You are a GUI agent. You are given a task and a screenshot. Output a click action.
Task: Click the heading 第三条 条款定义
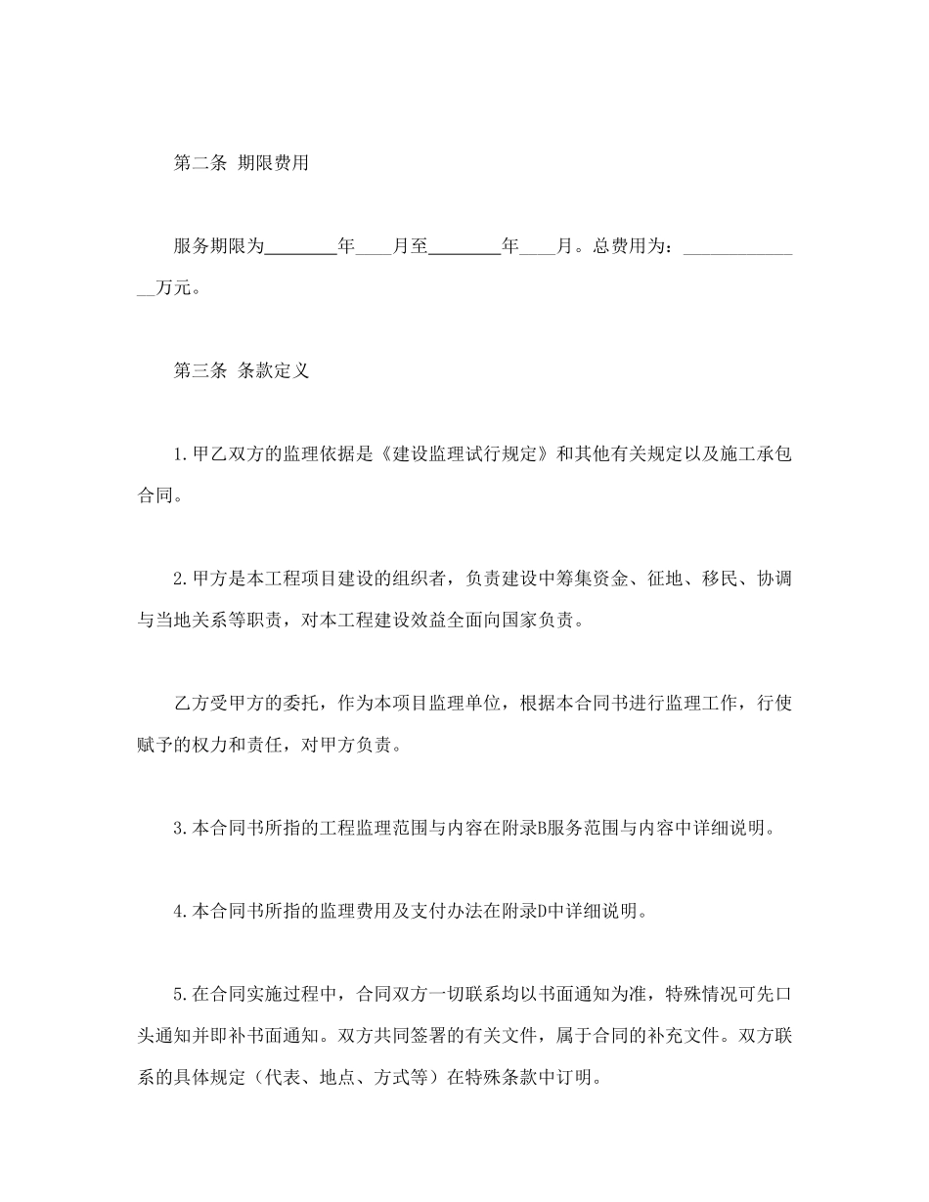(241, 371)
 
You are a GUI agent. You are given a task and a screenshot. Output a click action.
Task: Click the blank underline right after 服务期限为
(300, 250)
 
